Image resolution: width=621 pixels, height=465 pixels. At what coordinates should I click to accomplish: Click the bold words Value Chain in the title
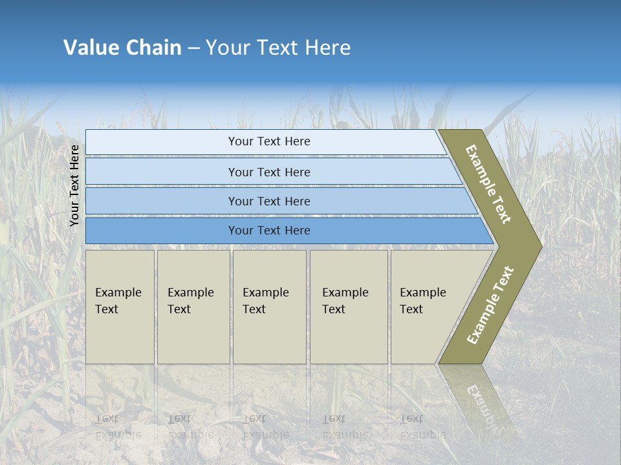(122, 48)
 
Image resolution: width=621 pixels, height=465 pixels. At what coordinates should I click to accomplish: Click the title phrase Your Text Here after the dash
(278, 48)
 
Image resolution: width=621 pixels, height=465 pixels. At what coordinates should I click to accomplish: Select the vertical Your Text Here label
(74, 185)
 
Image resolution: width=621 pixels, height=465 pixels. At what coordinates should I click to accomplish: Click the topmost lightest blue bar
(162, 142)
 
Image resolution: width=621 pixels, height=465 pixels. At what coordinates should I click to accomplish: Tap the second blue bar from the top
(162, 172)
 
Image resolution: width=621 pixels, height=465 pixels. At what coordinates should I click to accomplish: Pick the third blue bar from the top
(162, 201)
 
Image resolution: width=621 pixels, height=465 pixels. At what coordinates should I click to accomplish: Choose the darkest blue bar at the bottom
(162, 231)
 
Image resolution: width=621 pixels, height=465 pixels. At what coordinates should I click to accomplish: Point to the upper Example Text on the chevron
(488, 185)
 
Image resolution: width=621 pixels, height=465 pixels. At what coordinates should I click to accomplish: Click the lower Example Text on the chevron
(490, 305)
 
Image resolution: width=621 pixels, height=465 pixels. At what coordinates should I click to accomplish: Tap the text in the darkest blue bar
(269, 231)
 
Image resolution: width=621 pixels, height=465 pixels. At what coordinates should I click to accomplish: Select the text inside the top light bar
(269, 141)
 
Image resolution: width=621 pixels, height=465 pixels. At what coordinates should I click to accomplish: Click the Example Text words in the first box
(118, 301)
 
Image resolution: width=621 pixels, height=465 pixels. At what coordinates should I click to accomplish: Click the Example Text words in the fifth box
(422, 301)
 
